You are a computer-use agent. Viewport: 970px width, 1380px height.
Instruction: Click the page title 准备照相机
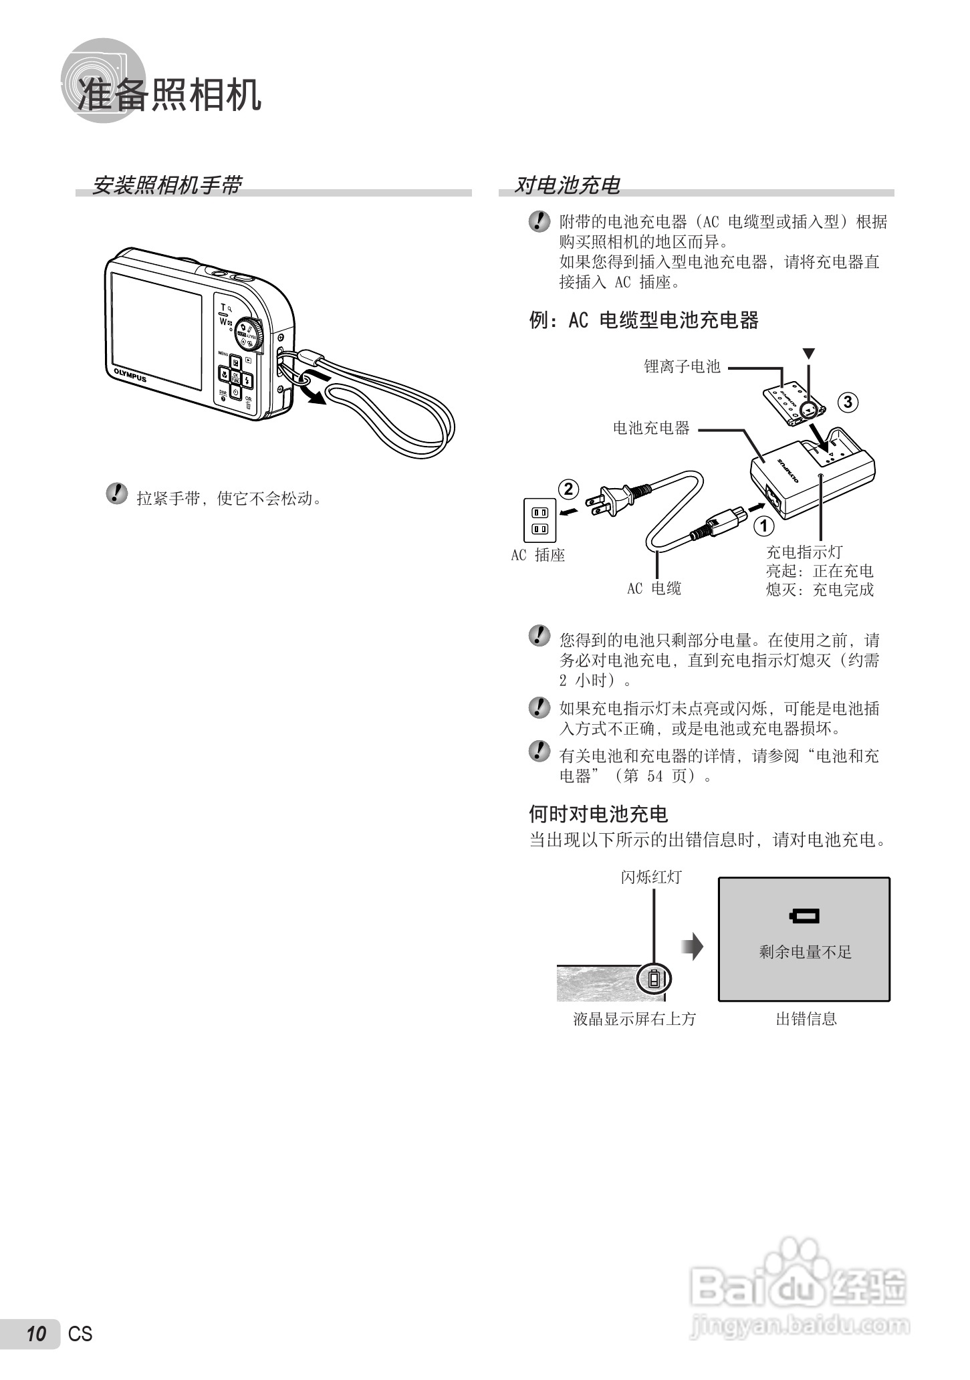tap(169, 94)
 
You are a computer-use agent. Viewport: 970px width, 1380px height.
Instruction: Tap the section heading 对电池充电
tap(567, 185)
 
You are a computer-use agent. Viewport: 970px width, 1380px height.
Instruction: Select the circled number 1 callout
tap(763, 526)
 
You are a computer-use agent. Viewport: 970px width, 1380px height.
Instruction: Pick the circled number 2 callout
tap(568, 489)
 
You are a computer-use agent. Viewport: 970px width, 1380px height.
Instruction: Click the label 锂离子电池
tap(682, 366)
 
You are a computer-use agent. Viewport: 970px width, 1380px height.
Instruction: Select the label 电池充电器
tap(651, 428)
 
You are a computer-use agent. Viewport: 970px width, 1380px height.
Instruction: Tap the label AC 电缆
tap(654, 588)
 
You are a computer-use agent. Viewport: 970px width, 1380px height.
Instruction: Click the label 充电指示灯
tap(804, 552)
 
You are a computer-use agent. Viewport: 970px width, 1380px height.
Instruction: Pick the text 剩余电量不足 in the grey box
tap(805, 952)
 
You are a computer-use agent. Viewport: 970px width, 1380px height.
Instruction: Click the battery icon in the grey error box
tap(804, 916)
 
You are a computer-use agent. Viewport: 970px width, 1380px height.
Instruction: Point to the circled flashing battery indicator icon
tap(654, 980)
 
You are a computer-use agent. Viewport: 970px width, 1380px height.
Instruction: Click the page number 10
tap(36, 1334)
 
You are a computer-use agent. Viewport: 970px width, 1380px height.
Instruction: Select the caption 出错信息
tap(806, 1019)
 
